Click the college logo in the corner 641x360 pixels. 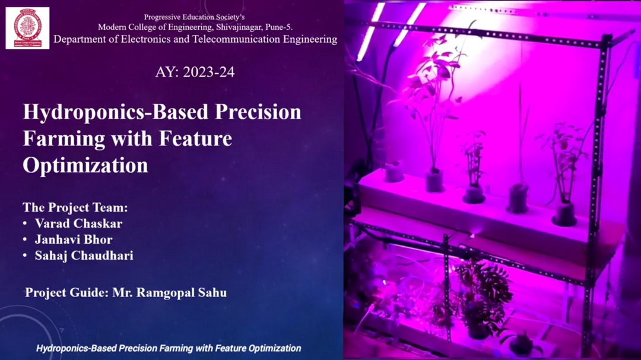27,28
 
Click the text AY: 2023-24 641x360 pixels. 195,72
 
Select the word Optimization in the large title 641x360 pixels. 85,165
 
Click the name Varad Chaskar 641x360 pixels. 78,224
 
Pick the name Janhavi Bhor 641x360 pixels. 74,240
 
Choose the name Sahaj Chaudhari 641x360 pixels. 84,256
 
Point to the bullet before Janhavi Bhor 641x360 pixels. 25,240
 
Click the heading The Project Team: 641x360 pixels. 75,208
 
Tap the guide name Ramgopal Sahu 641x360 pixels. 182,292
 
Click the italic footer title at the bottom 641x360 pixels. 169,348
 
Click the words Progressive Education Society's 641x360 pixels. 194,17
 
